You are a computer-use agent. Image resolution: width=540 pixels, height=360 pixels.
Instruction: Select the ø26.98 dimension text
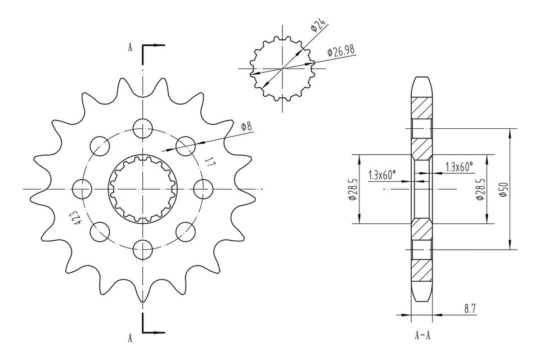click(x=341, y=51)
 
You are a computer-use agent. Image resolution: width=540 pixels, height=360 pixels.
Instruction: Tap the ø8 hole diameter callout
click(x=246, y=127)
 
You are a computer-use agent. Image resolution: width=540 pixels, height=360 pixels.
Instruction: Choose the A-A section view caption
click(x=423, y=336)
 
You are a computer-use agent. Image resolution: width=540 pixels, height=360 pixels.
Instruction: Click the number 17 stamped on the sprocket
click(x=210, y=164)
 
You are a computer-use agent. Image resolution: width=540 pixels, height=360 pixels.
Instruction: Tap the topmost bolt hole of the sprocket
click(x=143, y=129)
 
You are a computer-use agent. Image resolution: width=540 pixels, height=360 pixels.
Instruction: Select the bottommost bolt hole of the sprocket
click(x=143, y=246)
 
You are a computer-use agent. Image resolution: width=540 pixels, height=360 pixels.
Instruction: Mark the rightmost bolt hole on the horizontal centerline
click(x=202, y=188)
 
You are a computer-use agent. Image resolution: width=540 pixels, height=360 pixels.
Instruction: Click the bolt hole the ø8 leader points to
click(x=185, y=146)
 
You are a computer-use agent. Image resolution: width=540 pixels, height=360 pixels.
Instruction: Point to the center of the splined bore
click(x=143, y=188)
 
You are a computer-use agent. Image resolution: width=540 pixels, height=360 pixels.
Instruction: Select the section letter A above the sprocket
click(x=130, y=48)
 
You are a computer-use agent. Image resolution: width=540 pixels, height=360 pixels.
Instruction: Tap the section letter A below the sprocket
click(x=130, y=338)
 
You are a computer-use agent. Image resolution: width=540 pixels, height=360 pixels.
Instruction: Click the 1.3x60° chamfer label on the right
click(x=459, y=166)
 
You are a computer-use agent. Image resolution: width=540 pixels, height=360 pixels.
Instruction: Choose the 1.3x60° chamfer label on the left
click(x=382, y=175)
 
